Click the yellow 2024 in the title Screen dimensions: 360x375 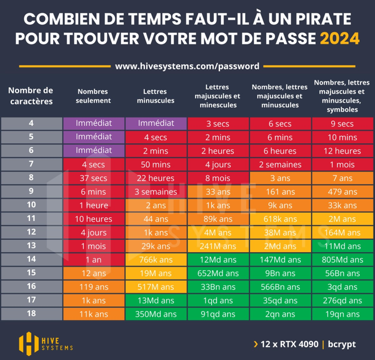339,39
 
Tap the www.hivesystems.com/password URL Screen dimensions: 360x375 187,66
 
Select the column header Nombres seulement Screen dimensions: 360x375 93,96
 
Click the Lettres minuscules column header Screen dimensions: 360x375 156,96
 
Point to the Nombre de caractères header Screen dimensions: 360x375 31,96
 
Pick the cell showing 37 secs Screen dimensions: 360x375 93,178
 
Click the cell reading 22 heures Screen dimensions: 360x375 156,178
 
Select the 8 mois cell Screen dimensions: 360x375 218,178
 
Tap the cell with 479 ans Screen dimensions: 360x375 343,192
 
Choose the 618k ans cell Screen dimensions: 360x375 280,219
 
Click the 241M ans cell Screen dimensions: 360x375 218,246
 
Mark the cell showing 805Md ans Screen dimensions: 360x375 343,260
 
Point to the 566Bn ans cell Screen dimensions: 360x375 280,287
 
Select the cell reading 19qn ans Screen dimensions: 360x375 343,314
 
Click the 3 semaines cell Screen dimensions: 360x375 156,192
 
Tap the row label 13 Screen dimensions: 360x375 31,246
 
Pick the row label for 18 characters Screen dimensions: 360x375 31,314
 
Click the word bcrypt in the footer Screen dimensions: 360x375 342,344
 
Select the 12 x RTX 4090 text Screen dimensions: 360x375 289,344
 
